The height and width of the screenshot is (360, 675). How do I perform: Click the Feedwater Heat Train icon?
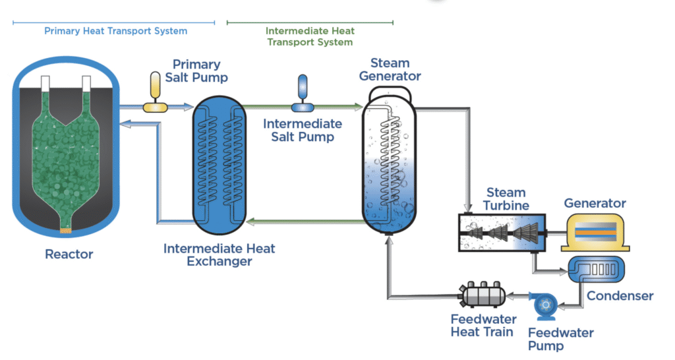[x=481, y=295]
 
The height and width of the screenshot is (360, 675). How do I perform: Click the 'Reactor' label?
[x=69, y=254]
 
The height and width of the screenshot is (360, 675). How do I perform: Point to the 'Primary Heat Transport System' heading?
[x=115, y=31]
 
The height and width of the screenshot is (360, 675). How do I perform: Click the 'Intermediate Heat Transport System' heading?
[x=310, y=36]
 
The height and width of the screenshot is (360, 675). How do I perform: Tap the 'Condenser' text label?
[x=620, y=296]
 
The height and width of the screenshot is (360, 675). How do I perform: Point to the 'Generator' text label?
[x=595, y=203]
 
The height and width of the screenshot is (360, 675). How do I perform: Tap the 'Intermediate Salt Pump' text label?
[x=303, y=131]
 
